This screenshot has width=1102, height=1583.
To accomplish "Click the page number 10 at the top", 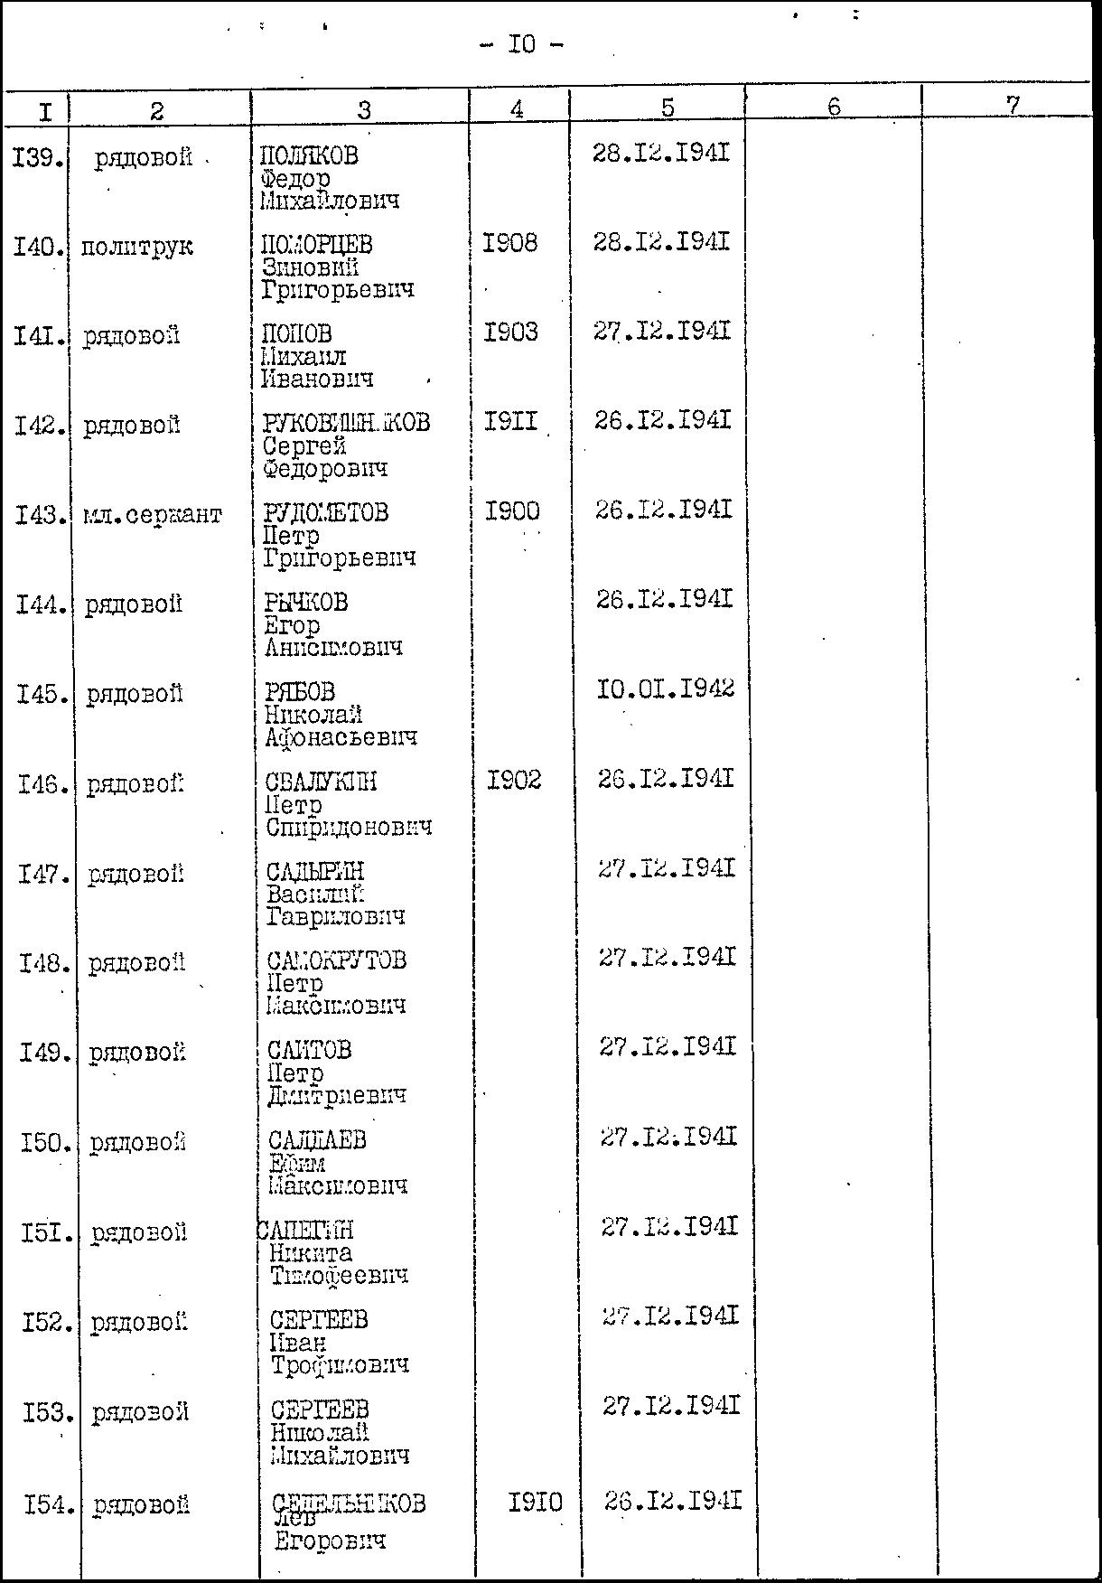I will click(x=522, y=44).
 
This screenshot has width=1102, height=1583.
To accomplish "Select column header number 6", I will click(x=833, y=107).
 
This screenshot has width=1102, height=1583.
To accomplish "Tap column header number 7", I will click(x=1013, y=105).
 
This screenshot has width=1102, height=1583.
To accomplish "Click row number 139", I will click(x=38, y=159).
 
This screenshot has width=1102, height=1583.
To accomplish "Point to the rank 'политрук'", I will click(x=136, y=247).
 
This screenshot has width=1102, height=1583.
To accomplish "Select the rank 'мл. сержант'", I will click(x=151, y=515).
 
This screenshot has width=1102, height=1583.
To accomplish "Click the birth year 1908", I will click(x=510, y=243).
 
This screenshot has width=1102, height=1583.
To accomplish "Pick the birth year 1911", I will click(x=511, y=421).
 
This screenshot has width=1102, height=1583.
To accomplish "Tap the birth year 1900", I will click(x=512, y=511).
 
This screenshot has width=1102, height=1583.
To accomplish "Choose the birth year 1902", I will click(x=514, y=780).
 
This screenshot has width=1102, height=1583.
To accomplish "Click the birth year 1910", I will click(x=535, y=1503).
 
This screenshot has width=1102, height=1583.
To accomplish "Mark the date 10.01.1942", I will click(x=666, y=690).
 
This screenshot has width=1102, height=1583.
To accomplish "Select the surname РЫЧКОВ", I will click(x=305, y=603).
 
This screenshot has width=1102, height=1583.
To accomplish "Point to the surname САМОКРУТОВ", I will click(x=337, y=960).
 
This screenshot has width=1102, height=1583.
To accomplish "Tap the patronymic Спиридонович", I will click(x=348, y=828).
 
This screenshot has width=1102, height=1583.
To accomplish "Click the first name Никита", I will click(x=311, y=1253).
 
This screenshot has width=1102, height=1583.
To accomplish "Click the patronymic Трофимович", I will click(x=340, y=1365).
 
